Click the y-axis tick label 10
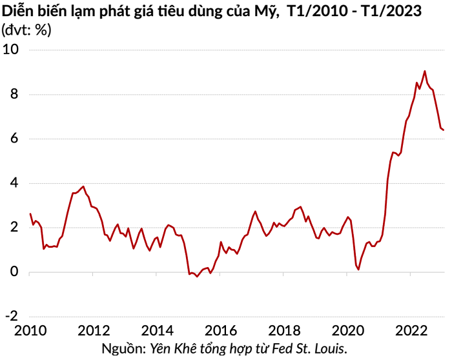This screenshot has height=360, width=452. click(11, 49)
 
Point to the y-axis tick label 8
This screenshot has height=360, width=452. click(15, 94)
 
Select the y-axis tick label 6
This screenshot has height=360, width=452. click(15, 139)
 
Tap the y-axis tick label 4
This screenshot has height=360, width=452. click(15, 183)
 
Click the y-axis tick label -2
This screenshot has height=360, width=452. click(12, 317)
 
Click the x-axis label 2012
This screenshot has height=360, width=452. click(93, 331)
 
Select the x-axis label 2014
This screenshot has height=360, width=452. click(157, 331)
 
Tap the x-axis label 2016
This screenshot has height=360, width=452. click(220, 331)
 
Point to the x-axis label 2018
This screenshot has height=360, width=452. click(284, 331)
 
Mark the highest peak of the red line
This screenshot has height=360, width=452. click(424, 71)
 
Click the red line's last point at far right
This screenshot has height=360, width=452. click(444, 130)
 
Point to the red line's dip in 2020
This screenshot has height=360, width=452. click(358, 269)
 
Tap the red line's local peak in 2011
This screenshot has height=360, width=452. click(83, 186)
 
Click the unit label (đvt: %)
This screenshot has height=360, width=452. click(26, 30)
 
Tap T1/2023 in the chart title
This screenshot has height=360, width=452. click(395, 10)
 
